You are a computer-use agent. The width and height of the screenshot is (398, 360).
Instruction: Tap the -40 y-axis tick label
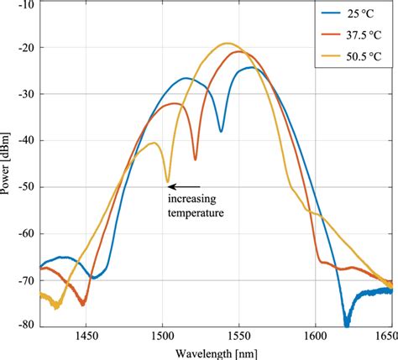(25, 139)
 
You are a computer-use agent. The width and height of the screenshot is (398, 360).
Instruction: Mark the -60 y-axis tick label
(25, 232)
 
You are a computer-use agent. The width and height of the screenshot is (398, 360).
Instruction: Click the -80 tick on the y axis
(25, 324)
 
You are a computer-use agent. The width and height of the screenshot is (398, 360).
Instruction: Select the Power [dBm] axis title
(7, 163)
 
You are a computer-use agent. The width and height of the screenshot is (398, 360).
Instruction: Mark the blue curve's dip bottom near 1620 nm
(346, 323)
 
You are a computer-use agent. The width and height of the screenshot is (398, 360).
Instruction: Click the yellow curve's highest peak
(227, 43)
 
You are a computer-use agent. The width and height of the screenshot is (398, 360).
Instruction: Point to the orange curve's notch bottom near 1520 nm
(195, 159)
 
